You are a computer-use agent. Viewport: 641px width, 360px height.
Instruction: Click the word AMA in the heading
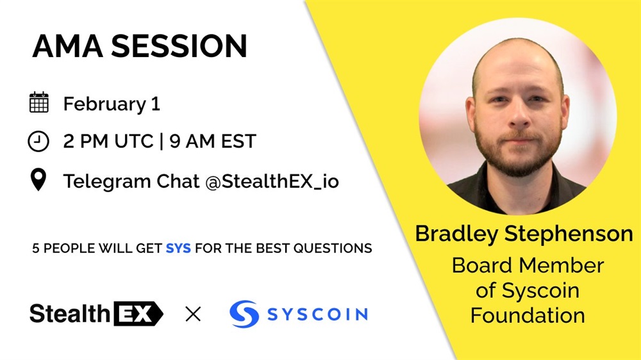coord(67,45)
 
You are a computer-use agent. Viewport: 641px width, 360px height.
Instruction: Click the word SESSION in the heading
coord(179,45)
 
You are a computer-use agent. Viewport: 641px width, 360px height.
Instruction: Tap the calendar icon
coord(39,102)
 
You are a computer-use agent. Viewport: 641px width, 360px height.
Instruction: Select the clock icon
coord(38,142)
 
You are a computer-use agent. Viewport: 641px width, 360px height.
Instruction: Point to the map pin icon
coord(38,179)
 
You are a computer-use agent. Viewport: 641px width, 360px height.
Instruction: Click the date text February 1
coord(111,104)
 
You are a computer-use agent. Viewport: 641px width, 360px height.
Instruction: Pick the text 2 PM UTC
coord(108,142)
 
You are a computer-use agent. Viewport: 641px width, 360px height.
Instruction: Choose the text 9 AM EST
coord(213,142)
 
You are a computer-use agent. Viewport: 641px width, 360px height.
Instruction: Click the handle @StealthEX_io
coord(272,181)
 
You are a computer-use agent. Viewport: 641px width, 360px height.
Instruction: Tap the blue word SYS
coord(178,248)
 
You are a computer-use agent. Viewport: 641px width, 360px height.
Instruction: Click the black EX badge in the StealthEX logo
coord(138,314)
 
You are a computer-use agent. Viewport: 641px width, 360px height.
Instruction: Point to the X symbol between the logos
coord(193,315)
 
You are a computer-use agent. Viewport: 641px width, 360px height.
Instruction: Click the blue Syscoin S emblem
coord(244,314)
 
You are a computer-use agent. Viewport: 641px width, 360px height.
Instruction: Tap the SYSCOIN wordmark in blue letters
coord(317,315)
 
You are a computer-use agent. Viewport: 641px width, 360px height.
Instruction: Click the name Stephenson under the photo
coord(569,234)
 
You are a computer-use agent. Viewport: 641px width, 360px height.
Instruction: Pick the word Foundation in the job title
coord(528,315)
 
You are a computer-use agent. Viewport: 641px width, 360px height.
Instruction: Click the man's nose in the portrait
coord(520,115)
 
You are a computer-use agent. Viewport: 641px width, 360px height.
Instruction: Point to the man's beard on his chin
coord(519,161)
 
